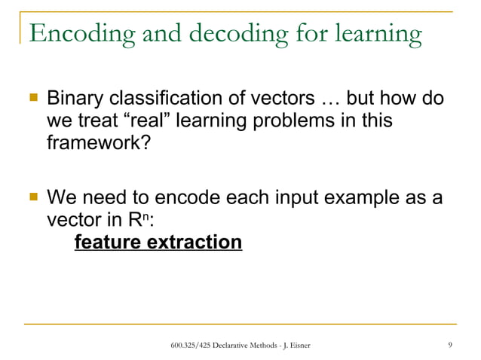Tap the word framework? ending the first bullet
tap(93, 142)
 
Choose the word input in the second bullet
tap(293, 200)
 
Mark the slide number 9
tap(450, 345)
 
